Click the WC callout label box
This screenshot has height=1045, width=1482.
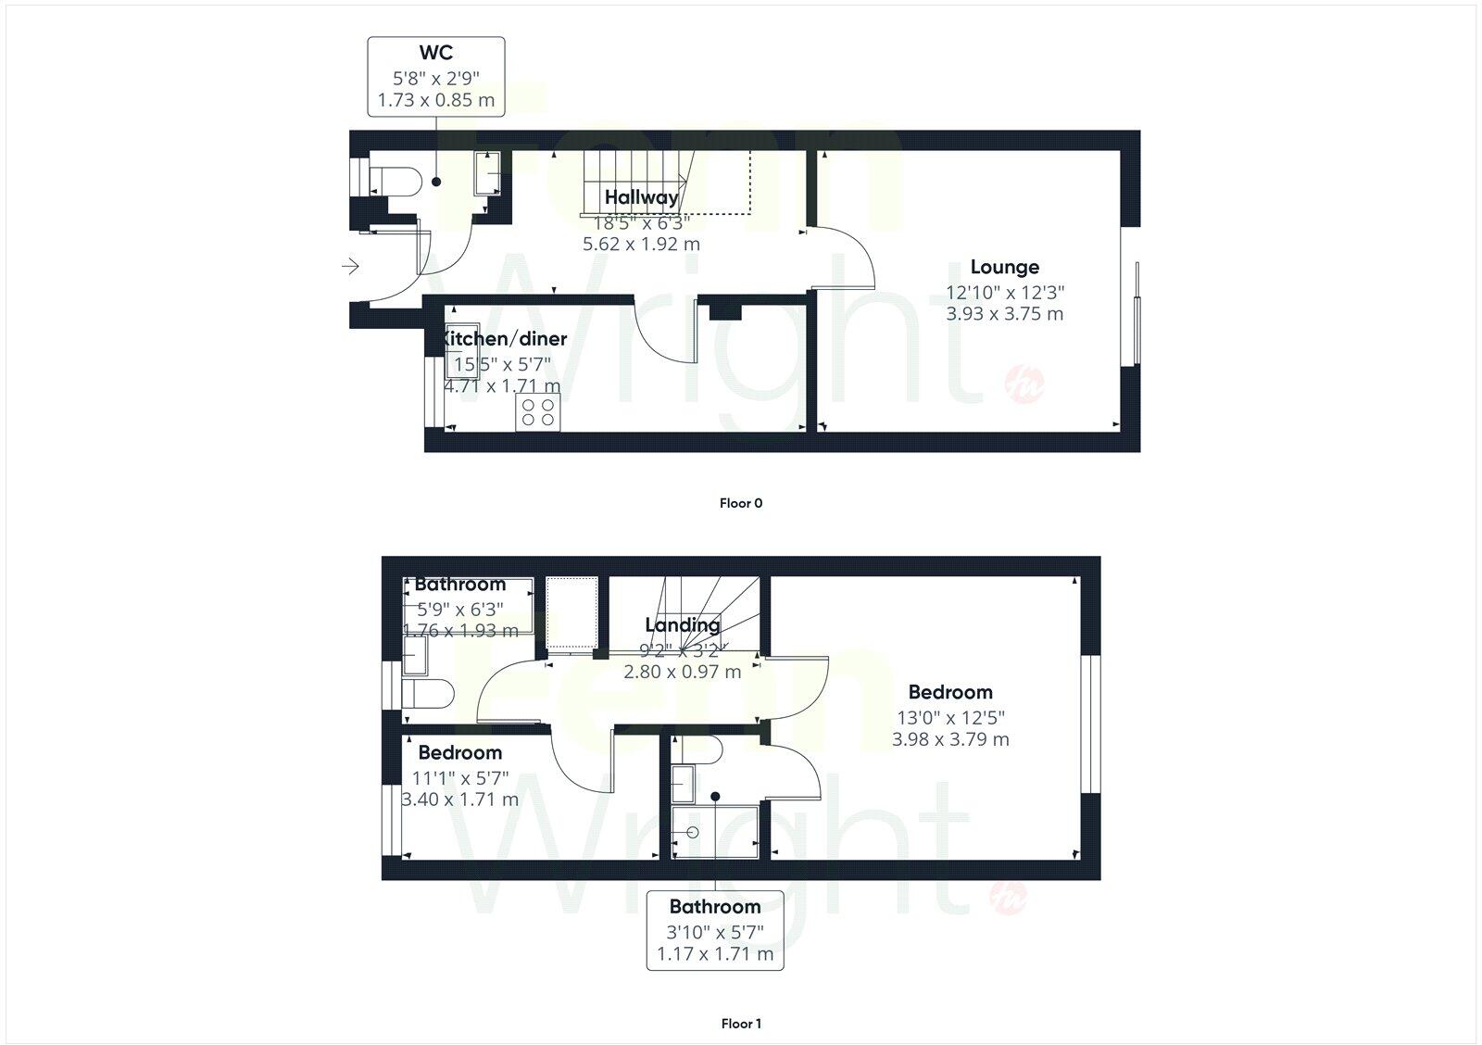(435, 77)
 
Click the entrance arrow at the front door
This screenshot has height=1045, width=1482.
(350, 267)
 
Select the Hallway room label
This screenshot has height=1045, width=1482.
(641, 197)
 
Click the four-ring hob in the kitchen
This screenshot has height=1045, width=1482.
(539, 412)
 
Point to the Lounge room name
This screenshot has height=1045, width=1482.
(1004, 268)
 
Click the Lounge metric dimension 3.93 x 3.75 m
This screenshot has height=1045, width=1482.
(1004, 314)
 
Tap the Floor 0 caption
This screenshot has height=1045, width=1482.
(740, 504)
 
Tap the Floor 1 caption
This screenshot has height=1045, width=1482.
(740, 1024)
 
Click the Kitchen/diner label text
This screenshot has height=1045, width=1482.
(505, 339)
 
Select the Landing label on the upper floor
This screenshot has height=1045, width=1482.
(682, 625)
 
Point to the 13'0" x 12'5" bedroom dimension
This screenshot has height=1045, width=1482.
(950, 717)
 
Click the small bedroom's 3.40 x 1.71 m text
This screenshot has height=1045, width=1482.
(460, 799)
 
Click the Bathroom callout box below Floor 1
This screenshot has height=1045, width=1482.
(714, 930)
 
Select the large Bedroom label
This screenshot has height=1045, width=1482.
(949, 692)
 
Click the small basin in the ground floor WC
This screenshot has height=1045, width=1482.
(487, 173)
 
